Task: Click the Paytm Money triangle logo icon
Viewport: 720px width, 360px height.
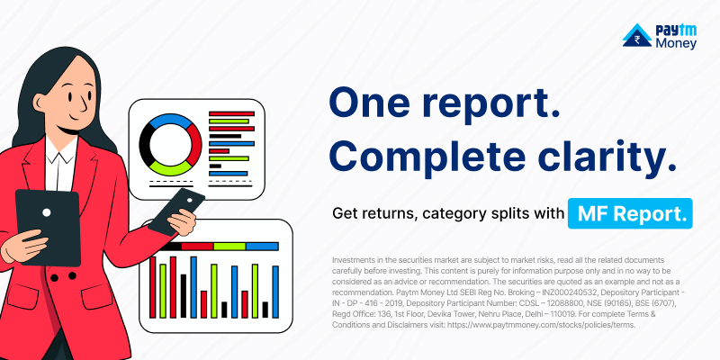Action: pyautogui.click(x=637, y=35)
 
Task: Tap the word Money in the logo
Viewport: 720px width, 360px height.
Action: pyautogui.click(x=676, y=43)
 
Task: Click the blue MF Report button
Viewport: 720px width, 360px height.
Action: pyautogui.click(x=630, y=213)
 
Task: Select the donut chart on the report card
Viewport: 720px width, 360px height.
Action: pyautogui.click(x=170, y=144)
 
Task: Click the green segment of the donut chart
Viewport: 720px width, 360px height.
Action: pyautogui.click(x=171, y=168)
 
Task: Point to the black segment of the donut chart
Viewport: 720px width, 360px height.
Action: pyautogui.click(x=146, y=144)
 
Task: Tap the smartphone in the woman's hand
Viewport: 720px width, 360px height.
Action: pyautogui.click(x=176, y=212)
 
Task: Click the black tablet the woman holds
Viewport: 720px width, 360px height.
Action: pyautogui.click(x=48, y=228)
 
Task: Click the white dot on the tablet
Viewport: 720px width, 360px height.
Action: pyautogui.click(x=47, y=212)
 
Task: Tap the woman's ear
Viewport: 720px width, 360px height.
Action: pyautogui.click(x=40, y=101)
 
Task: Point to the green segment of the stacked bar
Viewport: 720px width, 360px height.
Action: pyautogui.click(x=229, y=246)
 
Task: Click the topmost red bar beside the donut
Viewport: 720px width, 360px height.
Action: pyautogui.click(x=231, y=113)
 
